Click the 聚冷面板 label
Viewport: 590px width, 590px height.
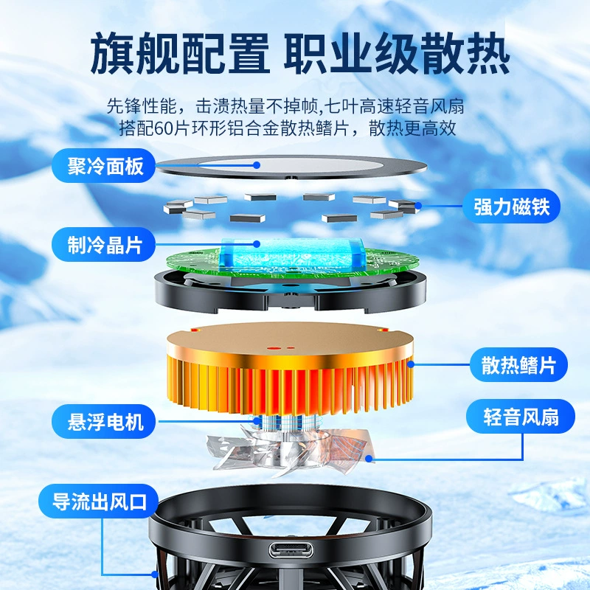click(x=103, y=165)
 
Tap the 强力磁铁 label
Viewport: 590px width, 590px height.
click(x=511, y=206)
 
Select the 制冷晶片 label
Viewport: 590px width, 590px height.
click(x=103, y=245)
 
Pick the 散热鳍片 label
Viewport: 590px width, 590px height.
click(x=518, y=364)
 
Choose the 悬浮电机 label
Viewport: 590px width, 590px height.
click(x=103, y=421)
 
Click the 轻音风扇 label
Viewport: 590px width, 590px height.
click(x=521, y=417)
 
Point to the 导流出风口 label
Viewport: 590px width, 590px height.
click(x=99, y=502)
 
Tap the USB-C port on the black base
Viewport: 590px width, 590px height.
click(x=291, y=550)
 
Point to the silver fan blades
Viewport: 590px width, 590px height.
click(x=288, y=450)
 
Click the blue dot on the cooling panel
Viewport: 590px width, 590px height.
click(x=257, y=165)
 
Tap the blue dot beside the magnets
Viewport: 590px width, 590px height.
click(x=418, y=206)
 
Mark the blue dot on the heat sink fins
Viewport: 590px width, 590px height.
click(x=411, y=364)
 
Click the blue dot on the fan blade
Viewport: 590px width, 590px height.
click(x=369, y=459)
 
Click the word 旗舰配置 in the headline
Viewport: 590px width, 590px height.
click(x=180, y=53)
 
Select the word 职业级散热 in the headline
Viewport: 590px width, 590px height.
click(x=397, y=53)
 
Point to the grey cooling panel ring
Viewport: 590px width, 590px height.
click(x=291, y=167)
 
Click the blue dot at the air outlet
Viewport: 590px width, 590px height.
click(x=155, y=575)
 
